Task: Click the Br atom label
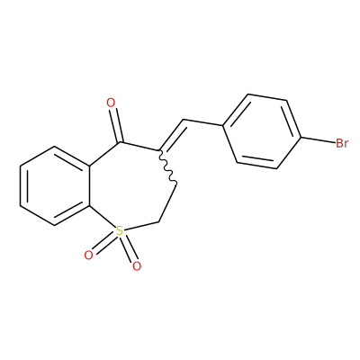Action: (342, 143)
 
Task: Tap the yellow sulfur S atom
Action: (120, 231)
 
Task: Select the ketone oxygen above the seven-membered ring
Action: (111, 103)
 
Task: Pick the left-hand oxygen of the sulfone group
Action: (88, 256)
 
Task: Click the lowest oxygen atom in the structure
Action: (137, 265)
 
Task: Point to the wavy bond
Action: (167, 166)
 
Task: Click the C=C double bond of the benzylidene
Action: (172, 135)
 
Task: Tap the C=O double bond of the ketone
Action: (116, 125)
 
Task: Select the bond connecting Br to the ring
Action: (319, 140)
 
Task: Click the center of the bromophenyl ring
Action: (262, 131)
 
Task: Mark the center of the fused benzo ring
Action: (55, 185)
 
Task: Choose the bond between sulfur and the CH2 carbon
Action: (141, 227)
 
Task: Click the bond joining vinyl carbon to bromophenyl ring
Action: (202, 122)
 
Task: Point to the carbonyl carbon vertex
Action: (120, 142)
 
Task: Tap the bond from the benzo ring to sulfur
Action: (103, 216)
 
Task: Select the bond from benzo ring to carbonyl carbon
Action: (104, 154)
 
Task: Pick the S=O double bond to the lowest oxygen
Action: (129, 247)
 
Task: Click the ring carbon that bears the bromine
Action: (301, 138)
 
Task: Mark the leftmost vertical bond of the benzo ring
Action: (21, 185)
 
